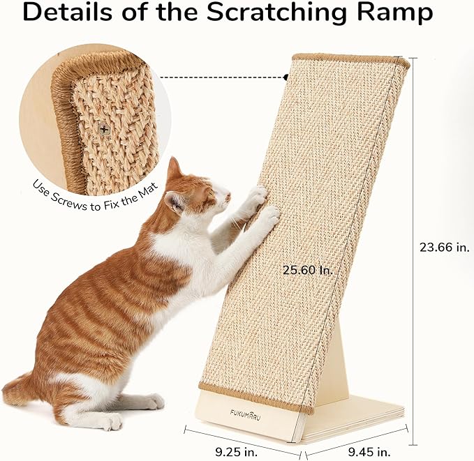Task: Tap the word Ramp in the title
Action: point(394,13)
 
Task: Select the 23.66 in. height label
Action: point(445,246)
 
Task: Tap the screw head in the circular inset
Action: point(105,128)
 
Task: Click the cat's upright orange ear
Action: point(173,169)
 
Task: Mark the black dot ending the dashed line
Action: point(286,77)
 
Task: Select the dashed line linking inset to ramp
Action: point(223,77)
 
